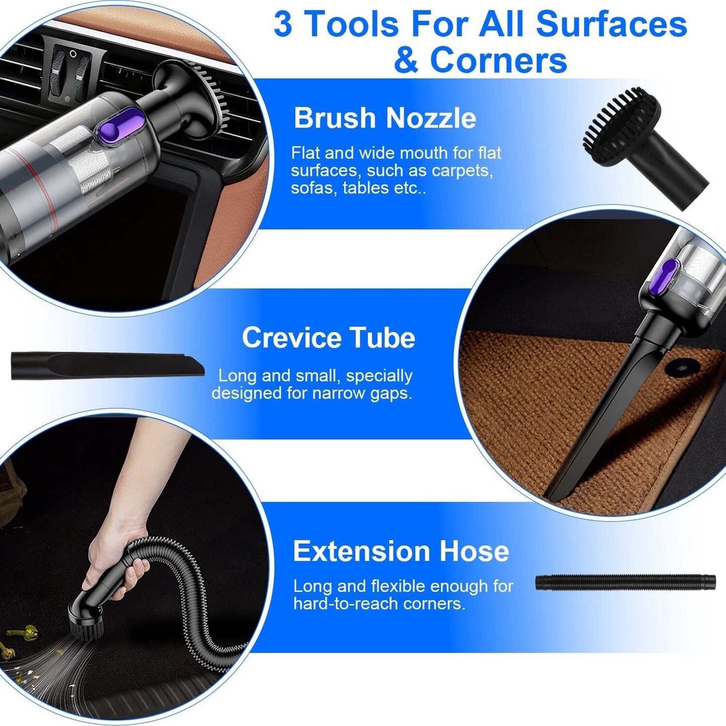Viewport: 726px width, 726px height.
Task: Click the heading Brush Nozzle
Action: click(x=384, y=118)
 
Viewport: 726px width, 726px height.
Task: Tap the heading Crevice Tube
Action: click(x=329, y=338)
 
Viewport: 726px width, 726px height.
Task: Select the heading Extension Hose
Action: click(x=400, y=551)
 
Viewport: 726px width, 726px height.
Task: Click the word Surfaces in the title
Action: click(x=611, y=24)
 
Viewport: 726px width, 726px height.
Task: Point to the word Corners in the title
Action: click(x=498, y=60)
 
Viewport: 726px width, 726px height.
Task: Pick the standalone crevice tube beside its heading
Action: click(x=107, y=365)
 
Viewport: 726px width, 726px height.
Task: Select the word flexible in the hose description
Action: click(x=398, y=586)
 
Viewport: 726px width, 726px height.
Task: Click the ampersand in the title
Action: click(x=406, y=60)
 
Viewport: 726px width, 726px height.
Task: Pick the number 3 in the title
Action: click(x=283, y=24)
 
